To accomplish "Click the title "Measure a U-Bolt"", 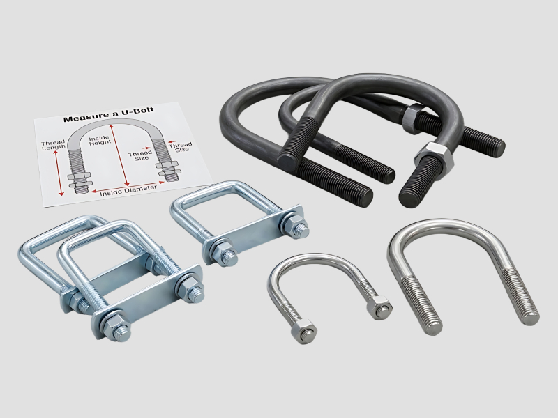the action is pyautogui.click(x=109, y=114).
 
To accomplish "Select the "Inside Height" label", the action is pyautogui.click(x=100, y=140).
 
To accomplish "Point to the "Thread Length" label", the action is pyautogui.click(x=53, y=145).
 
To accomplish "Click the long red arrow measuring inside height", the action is pyautogui.click(x=119, y=155).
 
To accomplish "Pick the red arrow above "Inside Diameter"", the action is pyautogui.click(x=128, y=187).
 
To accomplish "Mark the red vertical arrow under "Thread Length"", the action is pyautogui.click(x=58, y=172).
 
